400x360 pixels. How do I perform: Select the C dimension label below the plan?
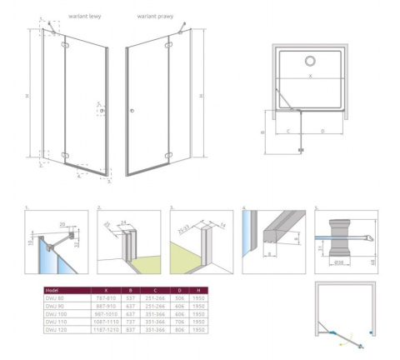tap(287, 131)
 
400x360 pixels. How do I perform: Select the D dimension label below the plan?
tap(321, 131)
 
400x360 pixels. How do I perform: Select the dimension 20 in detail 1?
tap(62, 223)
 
